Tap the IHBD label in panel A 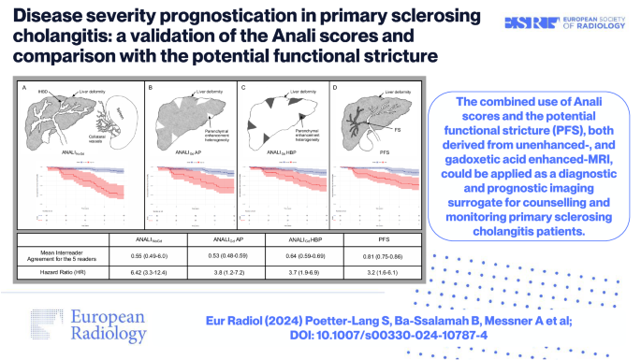42,92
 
